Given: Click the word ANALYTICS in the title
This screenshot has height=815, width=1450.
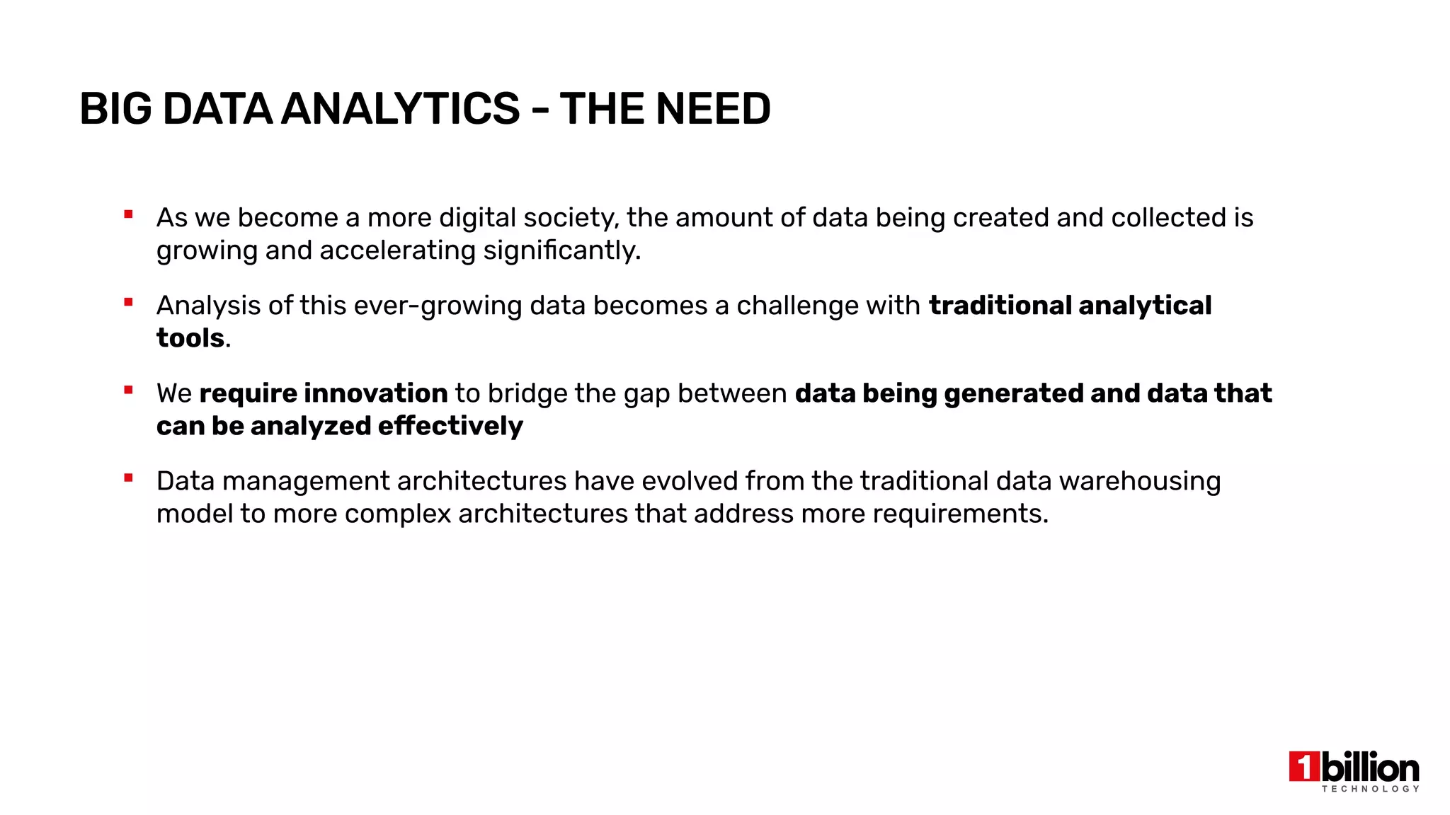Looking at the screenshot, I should (400, 109).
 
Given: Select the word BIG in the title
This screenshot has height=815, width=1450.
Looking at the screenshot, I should (115, 109).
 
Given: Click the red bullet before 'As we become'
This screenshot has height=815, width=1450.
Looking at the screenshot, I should (128, 214).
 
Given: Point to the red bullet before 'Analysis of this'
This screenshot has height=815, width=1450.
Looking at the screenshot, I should (128, 302).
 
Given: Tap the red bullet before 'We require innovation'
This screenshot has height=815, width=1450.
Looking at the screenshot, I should (128, 390).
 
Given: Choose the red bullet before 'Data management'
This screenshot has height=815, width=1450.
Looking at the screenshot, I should (128, 478).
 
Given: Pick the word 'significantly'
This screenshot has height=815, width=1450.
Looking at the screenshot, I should (561, 250).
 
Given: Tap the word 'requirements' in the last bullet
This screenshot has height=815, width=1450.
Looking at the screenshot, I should (959, 514).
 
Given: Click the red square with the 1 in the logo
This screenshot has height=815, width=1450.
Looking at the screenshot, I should (1304, 767).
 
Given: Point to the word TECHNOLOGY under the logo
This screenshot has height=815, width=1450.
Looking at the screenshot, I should (1371, 789).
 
